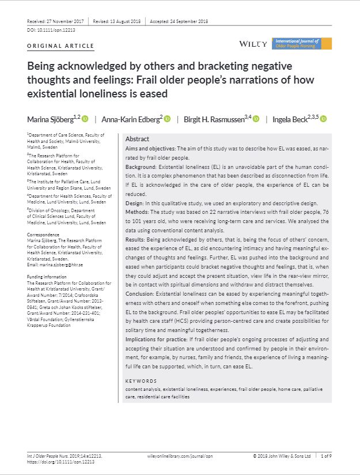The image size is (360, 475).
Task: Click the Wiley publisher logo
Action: point(252,44)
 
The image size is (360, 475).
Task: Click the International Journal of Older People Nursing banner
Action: point(302,43)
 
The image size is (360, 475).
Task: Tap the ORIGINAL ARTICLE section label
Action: point(60,46)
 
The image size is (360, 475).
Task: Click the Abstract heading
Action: point(137,140)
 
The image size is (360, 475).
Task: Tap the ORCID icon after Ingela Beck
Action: point(323,119)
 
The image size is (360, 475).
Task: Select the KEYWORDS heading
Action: point(141,381)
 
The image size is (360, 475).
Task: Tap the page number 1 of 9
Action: point(326,455)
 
